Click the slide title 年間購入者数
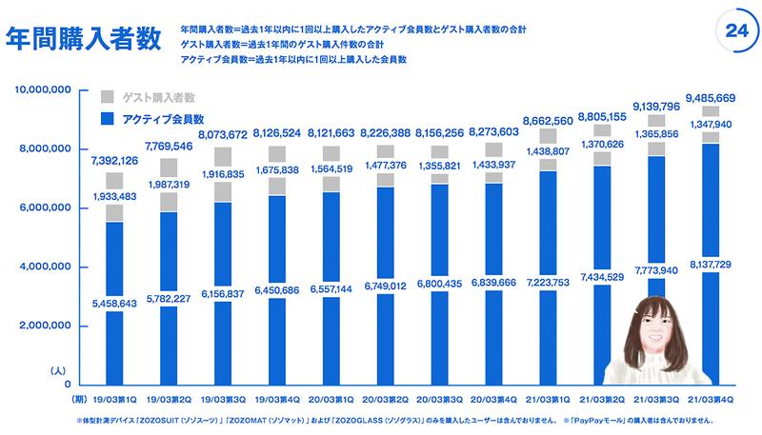click(81, 39)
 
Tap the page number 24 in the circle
click(733, 31)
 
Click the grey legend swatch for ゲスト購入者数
click(107, 96)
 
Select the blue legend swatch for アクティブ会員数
click(107, 119)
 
